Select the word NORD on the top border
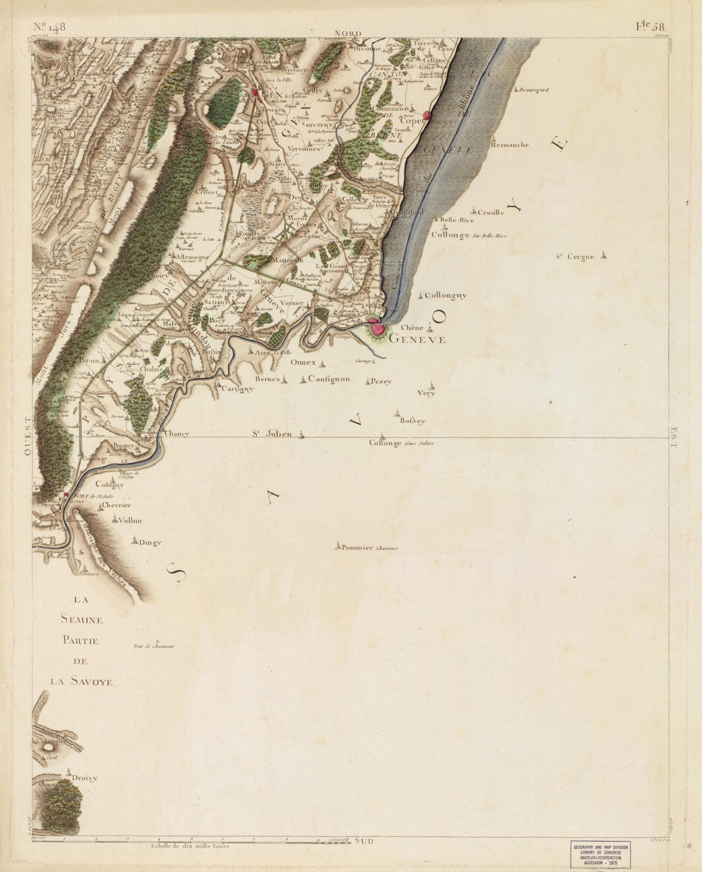tap(348, 34)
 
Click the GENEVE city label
tap(417, 340)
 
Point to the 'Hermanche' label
tap(509, 145)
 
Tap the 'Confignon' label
tap(329, 379)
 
